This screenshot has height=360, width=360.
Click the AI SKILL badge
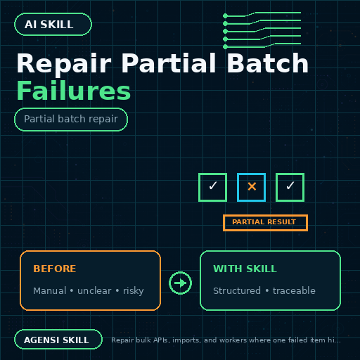click(x=53, y=25)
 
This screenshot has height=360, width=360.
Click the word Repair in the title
click(x=64, y=64)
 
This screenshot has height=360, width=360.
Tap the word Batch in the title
click(x=267, y=63)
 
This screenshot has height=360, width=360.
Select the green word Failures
click(x=74, y=91)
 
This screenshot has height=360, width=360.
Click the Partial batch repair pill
click(x=71, y=120)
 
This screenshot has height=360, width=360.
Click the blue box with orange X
click(x=251, y=187)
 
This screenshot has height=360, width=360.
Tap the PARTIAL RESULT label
click(x=265, y=223)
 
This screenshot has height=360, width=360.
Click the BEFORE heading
click(x=55, y=269)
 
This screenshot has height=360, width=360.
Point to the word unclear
click(x=94, y=290)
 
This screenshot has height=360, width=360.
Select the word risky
click(x=134, y=291)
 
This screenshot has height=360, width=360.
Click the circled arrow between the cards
click(x=180, y=283)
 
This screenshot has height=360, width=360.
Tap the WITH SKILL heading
click(x=245, y=269)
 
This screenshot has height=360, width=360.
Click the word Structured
click(x=237, y=290)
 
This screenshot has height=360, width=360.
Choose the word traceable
click(x=294, y=290)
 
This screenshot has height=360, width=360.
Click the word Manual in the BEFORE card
click(x=50, y=290)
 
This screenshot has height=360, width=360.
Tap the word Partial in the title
click(x=169, y=63)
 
